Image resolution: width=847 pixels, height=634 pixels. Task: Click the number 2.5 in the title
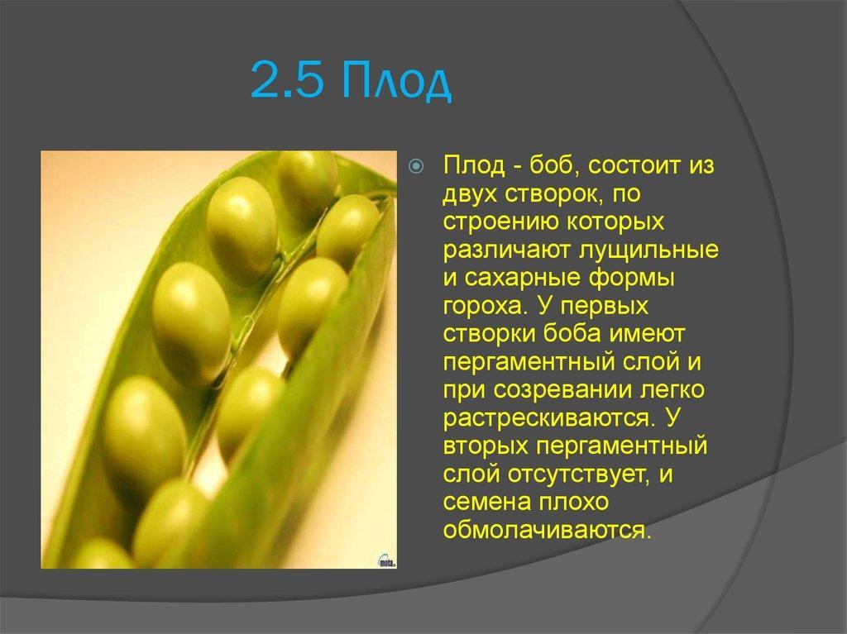point(287,80)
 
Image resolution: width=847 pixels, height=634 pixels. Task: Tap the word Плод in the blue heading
point(396,82)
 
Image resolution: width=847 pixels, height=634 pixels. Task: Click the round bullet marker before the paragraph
point(416,166)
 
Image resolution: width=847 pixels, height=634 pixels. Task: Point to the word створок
point(553,194)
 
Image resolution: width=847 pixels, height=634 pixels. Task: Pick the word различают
point(507,250)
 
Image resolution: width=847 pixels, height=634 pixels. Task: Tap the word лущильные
point(648,250)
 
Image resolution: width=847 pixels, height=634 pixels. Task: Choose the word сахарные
point(523,278)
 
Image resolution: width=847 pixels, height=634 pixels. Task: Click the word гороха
point(485,307)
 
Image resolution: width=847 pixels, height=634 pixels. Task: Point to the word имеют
point(647,334)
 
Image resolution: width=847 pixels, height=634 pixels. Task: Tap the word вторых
point(486,446)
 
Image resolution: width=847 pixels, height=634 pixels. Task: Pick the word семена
point(487,503)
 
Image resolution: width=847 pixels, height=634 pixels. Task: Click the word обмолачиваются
point(548,531)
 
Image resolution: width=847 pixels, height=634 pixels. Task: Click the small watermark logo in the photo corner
point(386,561)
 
